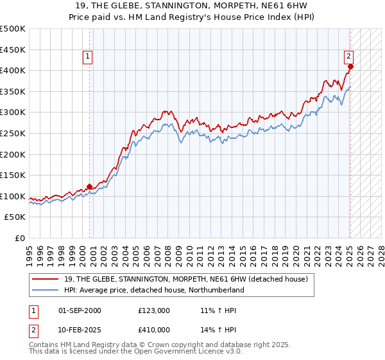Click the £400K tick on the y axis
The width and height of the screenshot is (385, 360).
pyautogui.click(x=13, y=70)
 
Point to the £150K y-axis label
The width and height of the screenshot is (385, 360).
pyautogui.click(x=13, y=175)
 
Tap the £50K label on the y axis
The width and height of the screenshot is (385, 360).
pyautogui.click(x=15, y=217)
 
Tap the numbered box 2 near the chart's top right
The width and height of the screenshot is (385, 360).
pyautogui.click(x=348, y=56)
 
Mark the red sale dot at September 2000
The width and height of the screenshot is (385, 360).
pyautogui.click(x=90, y=186)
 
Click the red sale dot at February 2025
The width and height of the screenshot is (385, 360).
pyautogui.click(x=350, y=66)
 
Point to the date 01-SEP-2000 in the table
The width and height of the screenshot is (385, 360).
pyautogui.click(x=80, y=310)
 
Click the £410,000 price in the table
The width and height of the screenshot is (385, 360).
pyautogui.click(x=154, y=330)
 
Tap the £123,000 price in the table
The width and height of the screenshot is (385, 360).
pyautogui.click(x=154, y=310)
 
